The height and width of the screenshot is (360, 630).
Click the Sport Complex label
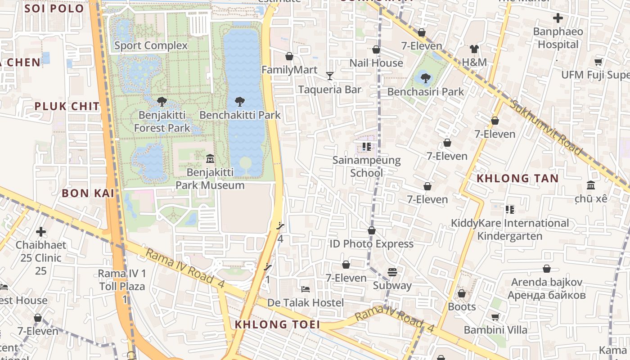point(151,45)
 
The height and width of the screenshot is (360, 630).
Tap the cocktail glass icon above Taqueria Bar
point(330,76)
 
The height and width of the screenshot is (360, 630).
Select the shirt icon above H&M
point(474,49)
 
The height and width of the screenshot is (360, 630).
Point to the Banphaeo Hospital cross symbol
point(558,18)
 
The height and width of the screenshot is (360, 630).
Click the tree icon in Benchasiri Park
point(425,78)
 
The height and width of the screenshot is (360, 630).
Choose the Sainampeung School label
point(366,166)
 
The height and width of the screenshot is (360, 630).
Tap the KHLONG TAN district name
point(517,178)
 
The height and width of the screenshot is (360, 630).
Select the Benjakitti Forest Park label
point(162,121)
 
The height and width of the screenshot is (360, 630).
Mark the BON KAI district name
point(88,193)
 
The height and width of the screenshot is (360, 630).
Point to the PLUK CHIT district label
point(67,106)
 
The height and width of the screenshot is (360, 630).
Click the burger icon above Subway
point(392,272)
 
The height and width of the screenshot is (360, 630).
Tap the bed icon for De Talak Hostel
point(306,289)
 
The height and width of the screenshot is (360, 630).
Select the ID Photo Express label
point(371,244)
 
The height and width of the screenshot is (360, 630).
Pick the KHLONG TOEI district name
point(277,324)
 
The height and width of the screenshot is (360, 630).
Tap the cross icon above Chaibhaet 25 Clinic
point(41,232)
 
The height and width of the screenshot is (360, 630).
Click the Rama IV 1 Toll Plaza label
point(122,280)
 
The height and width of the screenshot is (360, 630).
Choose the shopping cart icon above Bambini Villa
point(495,317)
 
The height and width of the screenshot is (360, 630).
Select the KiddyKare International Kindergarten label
point(510,229)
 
